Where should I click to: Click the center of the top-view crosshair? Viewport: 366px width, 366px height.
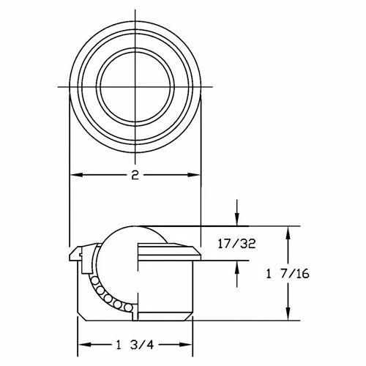135,89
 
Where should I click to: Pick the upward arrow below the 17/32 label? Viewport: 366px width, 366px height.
236,265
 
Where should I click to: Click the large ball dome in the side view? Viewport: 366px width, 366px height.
132,234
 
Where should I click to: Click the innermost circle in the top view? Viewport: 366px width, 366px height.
135,89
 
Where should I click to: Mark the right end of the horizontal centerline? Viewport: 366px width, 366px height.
212,89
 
